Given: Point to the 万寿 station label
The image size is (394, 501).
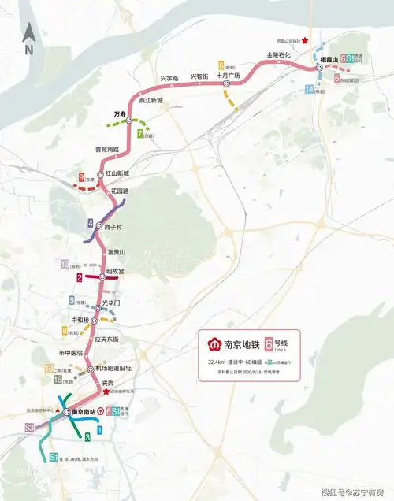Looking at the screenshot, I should click(x=121, y=114).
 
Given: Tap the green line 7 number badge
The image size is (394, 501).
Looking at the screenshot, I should click(x=139, y=134).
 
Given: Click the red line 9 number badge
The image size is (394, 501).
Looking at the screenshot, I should click(x=81, y=176).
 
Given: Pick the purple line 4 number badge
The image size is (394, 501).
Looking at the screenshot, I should click(x=91, y=222).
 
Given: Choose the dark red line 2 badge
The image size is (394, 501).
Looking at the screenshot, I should click(x=80, y=277).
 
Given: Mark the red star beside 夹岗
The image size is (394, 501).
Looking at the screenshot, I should click(x=106, y=390).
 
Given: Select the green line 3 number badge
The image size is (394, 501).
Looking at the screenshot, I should click(x=86, y=436).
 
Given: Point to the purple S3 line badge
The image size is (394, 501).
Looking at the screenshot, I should click(x=29, y=427).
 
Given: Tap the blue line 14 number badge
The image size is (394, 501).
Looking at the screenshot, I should click(x=307, y=89).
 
